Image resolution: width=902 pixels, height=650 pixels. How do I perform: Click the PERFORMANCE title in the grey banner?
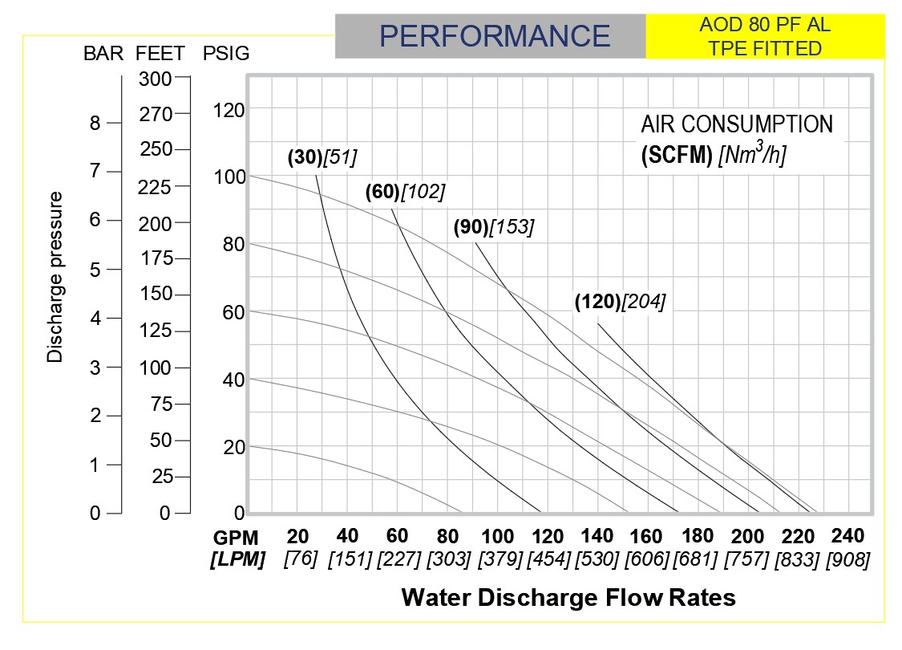point(495,36)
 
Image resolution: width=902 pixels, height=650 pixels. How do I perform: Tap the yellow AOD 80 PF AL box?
point(764,36)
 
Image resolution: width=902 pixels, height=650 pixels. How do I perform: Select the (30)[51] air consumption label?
point(322,157)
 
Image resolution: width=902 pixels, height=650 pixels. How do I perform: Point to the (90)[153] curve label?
point(493,227)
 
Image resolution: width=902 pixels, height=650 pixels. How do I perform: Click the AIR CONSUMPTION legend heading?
point(737,124)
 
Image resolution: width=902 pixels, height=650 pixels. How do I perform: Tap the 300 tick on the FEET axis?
point(155,79)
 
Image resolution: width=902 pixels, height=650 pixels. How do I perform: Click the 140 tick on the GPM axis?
point(597,537)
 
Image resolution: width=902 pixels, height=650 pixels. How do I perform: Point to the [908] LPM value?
point(847,559)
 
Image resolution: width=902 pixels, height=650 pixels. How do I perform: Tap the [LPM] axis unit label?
point(237,559)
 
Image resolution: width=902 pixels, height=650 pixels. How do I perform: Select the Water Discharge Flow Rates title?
point(568,598)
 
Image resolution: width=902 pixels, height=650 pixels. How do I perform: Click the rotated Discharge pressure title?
point(55,277)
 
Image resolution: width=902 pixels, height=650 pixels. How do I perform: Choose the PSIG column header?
point(226,54)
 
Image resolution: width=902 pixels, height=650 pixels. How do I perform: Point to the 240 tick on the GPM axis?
point(847,535)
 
